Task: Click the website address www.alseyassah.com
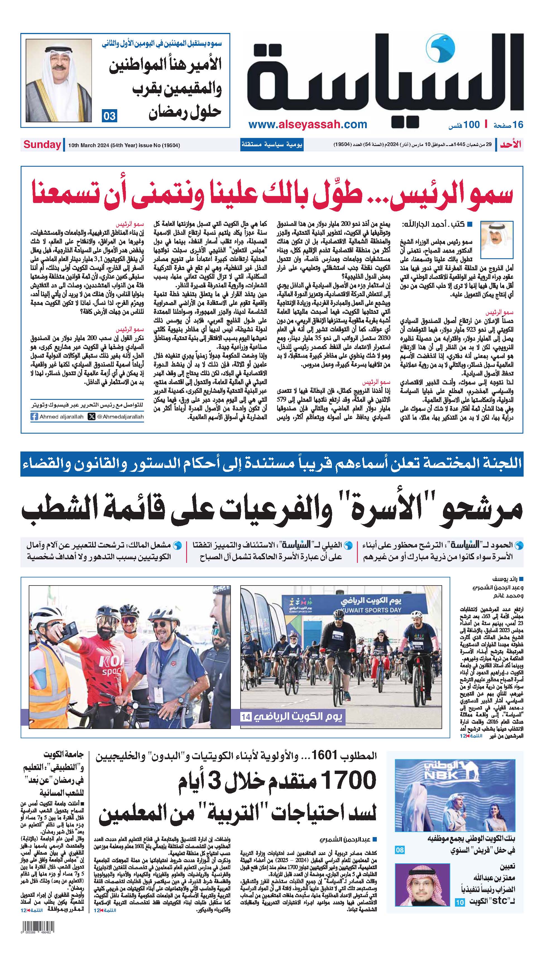pyautogui.click(x=308, y=125)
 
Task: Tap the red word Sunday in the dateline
pyautogui.click(x=42, y=145)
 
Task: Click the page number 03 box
pyautogui.click(x=109, y=116)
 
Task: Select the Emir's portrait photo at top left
pyautogui.click(x=59, y=80)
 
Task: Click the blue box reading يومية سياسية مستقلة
pyautogui.click(x=272, y=145)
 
